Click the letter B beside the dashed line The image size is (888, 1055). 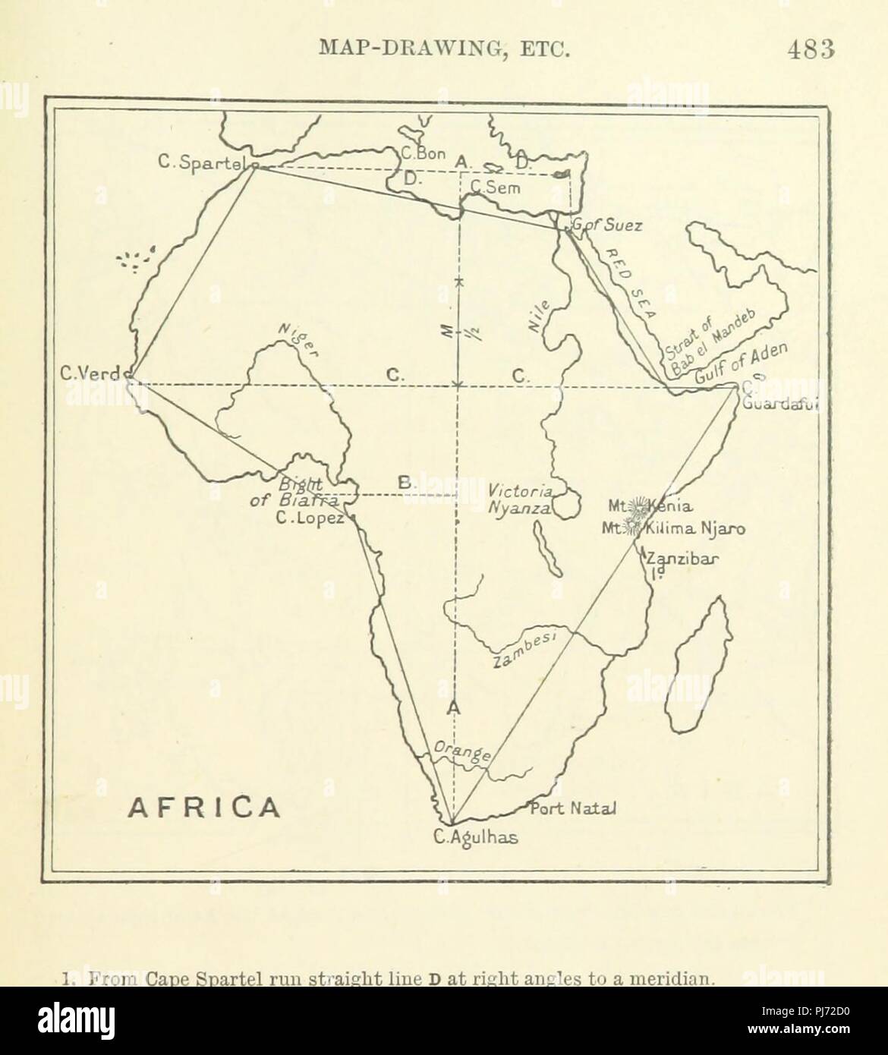pyautogui.click(x=405, y=483)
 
